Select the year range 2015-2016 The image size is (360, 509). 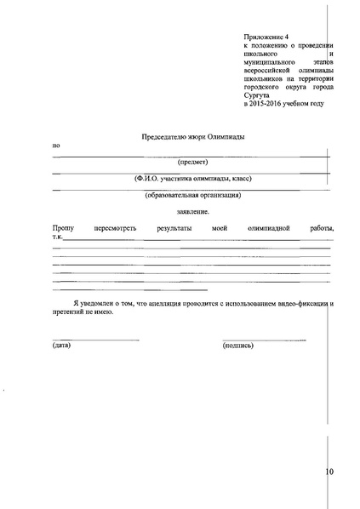268,105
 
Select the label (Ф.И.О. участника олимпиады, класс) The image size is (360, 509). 193,179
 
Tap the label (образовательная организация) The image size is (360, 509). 193,195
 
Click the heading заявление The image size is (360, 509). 192,212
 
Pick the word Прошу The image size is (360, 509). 63,229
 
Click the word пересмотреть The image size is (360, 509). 114,229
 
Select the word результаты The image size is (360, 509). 174,229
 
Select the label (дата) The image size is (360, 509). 61,346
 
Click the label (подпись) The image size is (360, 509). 238,346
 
